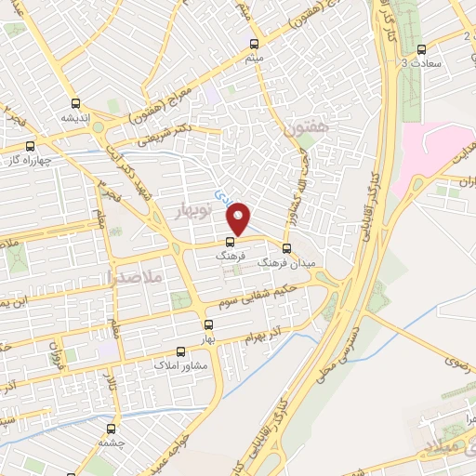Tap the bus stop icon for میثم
[254, 44]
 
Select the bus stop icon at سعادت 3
[422, 49]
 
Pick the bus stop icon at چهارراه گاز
[31, 145]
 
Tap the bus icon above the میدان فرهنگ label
[286, 248]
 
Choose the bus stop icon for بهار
[208, 325]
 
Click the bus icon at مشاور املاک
[180, 352]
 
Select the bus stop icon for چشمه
[112, 430]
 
